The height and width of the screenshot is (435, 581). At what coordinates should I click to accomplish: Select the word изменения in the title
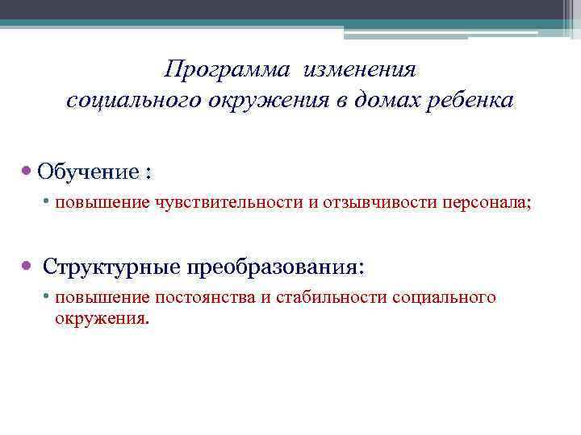coord(360,70)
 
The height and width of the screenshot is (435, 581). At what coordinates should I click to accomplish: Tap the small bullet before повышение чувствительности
coord(48,201)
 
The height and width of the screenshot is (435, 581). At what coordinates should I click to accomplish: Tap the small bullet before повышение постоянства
coord(48,297)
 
